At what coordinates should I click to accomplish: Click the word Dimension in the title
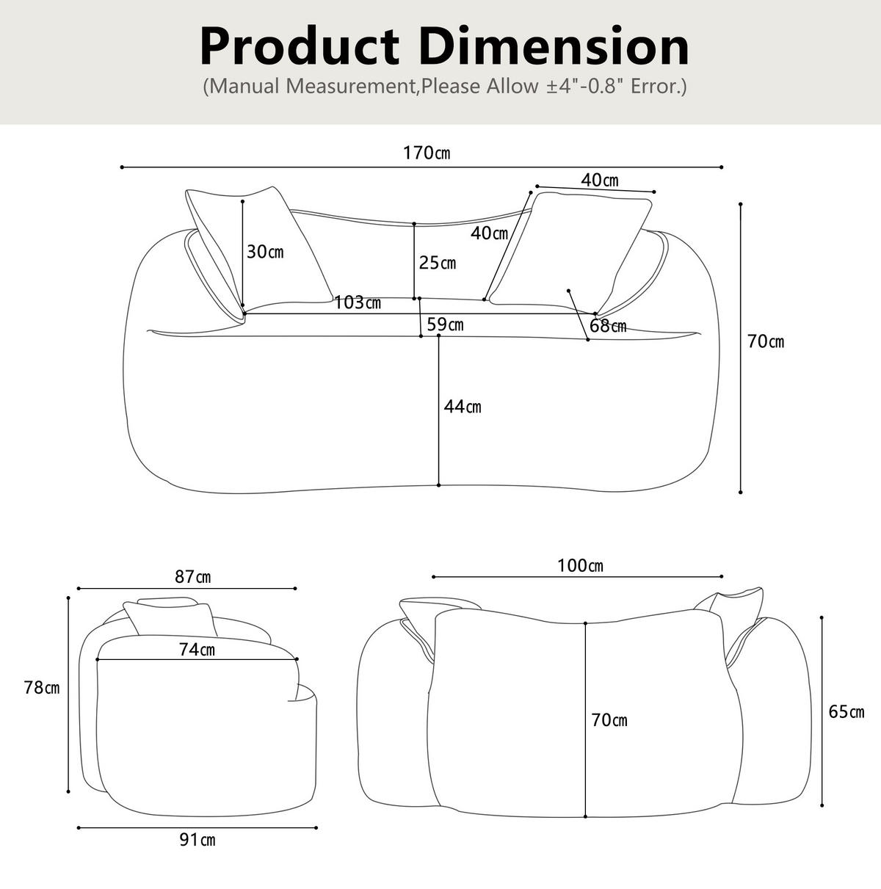click(x=554, y=47)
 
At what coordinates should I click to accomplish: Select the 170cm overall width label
click(x=427, y=153)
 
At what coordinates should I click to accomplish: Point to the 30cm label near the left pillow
click(x=265, y=252)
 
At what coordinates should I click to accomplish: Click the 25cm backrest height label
click(x=437, y=263)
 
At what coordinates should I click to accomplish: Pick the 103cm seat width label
click(x=358, y=302)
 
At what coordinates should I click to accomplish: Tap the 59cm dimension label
click(x=445, y=324)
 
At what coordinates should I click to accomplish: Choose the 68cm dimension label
click(x=608, y=326)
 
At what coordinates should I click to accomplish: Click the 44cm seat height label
click(x=463, y=407)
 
